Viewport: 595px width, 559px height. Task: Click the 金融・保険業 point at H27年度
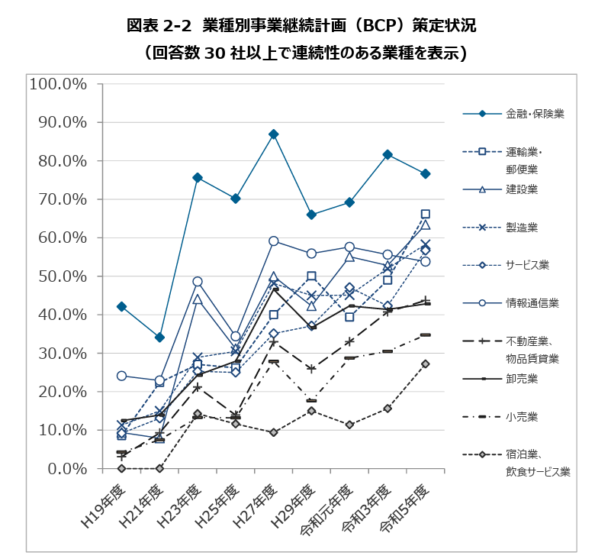point(274,134)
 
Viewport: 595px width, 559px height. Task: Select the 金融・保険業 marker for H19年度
point(121,306)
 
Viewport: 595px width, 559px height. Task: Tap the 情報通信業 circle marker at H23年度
point(198,282)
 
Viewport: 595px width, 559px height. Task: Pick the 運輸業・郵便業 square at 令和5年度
point(426,215)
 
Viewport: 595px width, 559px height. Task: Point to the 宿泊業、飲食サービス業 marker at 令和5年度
point(426,364)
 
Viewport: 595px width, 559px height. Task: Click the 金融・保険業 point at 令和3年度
point(388,154)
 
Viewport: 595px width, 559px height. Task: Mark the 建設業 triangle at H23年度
point(198,299)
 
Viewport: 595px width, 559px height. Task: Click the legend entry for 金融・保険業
point(535,115)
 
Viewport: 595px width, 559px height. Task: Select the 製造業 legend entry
point(523,227)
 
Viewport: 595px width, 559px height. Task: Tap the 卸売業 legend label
point(523,379)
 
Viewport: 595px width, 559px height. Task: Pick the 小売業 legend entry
point(523,416)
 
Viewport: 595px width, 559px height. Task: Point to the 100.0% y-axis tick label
point(59,83)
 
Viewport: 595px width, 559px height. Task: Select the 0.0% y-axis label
point(66,468)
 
